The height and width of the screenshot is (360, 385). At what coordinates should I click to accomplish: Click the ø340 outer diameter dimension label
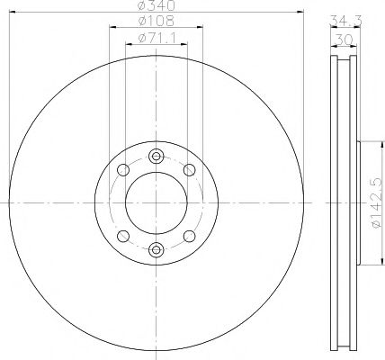point(156,8)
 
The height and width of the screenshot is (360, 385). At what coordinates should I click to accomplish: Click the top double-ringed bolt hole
point(156,155)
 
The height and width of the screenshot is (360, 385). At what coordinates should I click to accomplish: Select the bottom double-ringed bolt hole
point(156,249)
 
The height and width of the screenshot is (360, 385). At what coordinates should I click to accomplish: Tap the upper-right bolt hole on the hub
point(189,169)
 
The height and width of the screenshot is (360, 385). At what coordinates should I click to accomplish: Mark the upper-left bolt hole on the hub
point(122,169)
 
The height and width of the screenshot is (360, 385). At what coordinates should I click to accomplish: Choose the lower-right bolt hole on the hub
point(189,236)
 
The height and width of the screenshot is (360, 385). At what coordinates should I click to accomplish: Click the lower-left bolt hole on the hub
point(122,236)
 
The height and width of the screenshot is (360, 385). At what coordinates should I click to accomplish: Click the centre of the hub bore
point(156,202)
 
